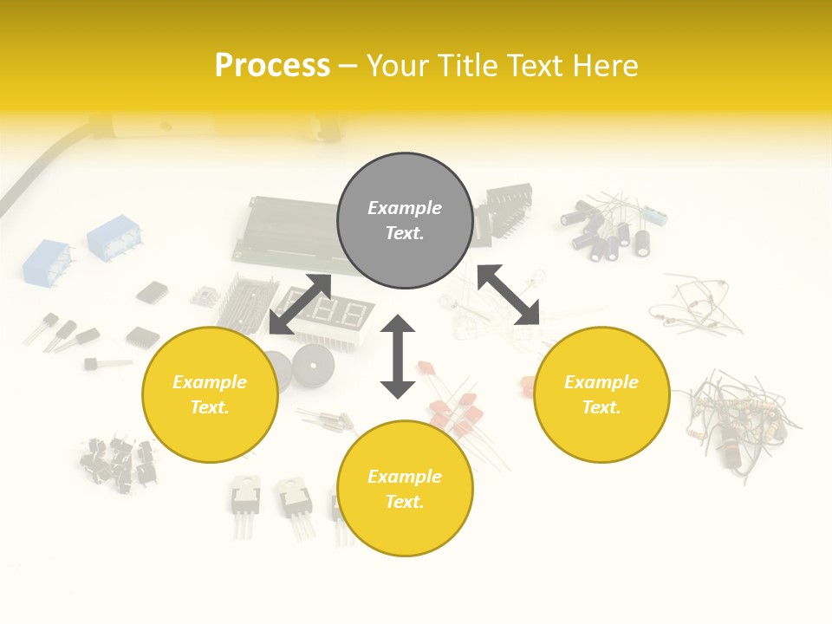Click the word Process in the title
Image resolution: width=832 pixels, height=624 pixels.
point(272,66)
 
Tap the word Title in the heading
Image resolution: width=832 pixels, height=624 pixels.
point(466,66)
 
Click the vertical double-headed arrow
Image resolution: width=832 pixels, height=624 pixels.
point(398,356)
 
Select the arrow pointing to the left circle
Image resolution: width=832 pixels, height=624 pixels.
point(300,304)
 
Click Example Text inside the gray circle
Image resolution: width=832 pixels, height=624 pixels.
point(405,220)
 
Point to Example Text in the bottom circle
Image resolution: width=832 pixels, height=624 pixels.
point(405,489)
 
